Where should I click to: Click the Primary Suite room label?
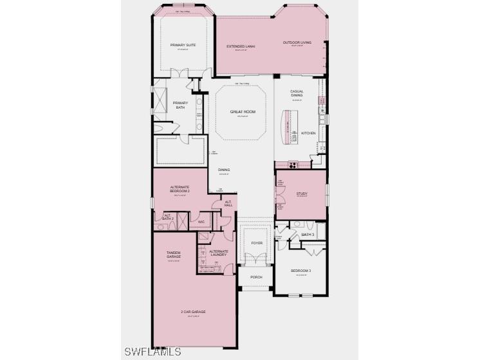pyautogui.click(x=183, y=45)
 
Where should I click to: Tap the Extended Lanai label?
pyautogui.click(x=239, y=47)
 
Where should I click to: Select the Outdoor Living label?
pyautogui.click(x=297, y=43)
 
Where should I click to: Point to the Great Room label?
pyautogui.click(x=243, y=112)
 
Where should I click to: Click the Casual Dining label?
pyautogui.click(x=297, y=93)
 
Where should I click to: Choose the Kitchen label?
pyautogui.click(x=309, y=133)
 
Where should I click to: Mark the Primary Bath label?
pyautogui.click(x=180, y=105)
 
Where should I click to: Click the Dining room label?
pyautogui.click(x=223, y=170)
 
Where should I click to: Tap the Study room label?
pyautogui.click(x=302, y=194)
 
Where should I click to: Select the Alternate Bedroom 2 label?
pyautogui.click(x=180, y=190)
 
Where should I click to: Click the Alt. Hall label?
pyautogui.click(x=228, y=204)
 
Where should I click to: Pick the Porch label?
pyautogui.click(x=256, y=277)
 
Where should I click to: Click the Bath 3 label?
pyautogui.click(x=308, y=235)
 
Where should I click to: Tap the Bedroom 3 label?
pyautogui.click(x=300, y=271)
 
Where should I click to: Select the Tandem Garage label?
pyautogui.click(x=174, y=255)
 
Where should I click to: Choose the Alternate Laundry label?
pyautogui.click(x=219, y=253)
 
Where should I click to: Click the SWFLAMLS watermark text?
pyautogui.click(x=152, y=351)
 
